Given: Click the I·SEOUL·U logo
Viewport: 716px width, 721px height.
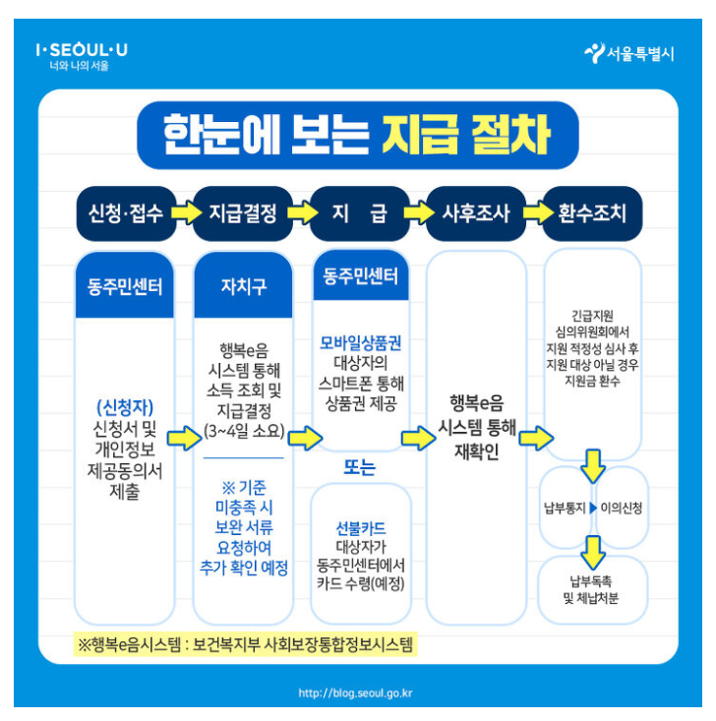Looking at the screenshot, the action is tap(81, 50).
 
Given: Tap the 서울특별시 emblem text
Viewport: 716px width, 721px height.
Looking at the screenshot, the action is tap(629, 54).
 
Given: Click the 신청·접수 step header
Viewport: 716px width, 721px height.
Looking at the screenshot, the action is tap(126, 212).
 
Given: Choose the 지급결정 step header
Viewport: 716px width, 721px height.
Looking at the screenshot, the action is tap(243, 212).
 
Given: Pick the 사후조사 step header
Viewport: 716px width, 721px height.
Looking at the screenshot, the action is tap(476, 212).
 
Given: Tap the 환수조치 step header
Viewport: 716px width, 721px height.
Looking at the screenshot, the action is tap(592, 212).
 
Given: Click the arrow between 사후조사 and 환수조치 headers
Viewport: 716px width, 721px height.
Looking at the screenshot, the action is tap(534, 212).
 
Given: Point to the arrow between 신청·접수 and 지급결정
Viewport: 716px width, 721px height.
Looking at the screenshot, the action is tap(185, 212).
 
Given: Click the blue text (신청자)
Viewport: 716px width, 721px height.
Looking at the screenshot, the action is tap(125, 405).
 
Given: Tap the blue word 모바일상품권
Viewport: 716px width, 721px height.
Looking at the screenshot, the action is tap(360, 342).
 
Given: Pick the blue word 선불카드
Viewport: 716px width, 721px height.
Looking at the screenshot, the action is tap(360, 526).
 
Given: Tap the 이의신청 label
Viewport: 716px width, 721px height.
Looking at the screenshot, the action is tap(621, 508).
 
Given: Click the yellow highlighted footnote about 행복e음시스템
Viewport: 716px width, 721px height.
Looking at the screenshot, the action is tap(245, 645).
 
